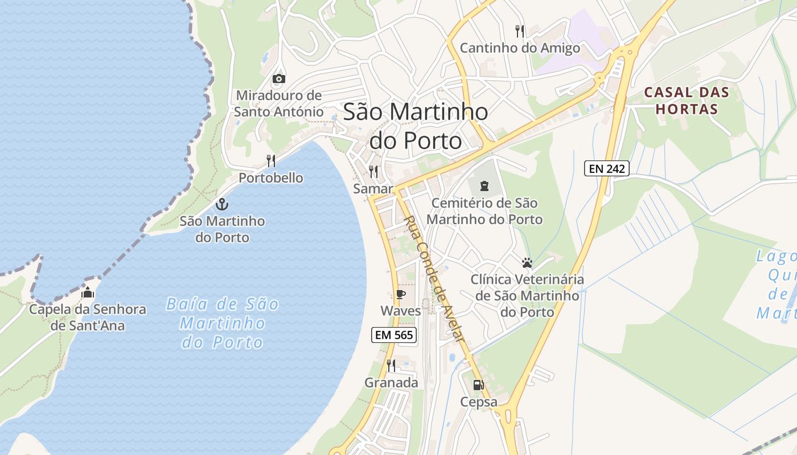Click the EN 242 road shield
[x=606, y=168]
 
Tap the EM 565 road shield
[x=393, y=335]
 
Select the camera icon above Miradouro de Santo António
[x=278, y=78]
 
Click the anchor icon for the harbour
[x=222, y=204]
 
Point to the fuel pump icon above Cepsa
[x=478, y=385]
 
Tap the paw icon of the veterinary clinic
[x=527, y=263]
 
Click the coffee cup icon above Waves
[x=400, y=294]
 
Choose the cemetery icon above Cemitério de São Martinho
[x=484, y=185]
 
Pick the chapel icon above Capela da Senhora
[x=88, y=293]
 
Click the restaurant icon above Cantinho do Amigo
[x=519, y=31]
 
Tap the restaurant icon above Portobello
[x=271, y=161]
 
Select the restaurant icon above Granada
[x=391, y=365]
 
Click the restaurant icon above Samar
[x=373, y=171]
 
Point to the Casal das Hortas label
[x=686, y=101]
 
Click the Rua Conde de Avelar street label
[x=434, y=279]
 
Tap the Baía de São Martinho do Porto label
[x=223, y=323]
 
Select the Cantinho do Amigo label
[x=520, y=48]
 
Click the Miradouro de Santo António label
[x=278, y=104]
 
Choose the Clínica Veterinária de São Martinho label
[x=527, y=296]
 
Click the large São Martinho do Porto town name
[x=416, y=126]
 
